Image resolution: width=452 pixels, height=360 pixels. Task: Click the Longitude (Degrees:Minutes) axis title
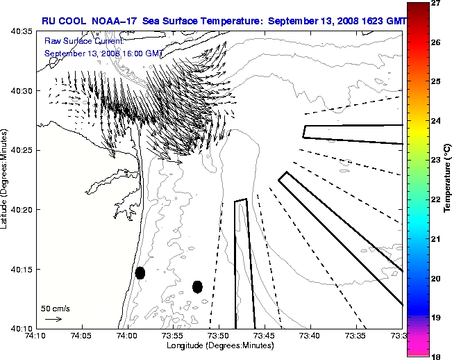click(219, 345)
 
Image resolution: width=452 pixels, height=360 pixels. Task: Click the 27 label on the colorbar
click(437, 3)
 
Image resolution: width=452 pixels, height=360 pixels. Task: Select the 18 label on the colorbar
click(437, 356)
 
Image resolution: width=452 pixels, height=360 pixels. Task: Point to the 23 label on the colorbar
click(437, 161)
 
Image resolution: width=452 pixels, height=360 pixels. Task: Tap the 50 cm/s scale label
click(55, 308)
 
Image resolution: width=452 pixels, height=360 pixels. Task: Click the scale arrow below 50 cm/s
click(53, 319)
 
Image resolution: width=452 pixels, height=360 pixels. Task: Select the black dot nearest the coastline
click(140, 272)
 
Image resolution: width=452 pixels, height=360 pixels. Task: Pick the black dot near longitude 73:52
click(197, 286)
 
